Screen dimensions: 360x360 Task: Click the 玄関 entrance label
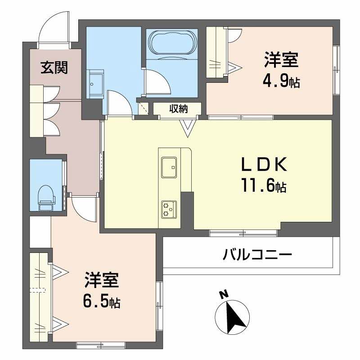(54, 68)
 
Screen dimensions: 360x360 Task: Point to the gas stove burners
(168, 208)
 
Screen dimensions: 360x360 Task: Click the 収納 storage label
(178, 109)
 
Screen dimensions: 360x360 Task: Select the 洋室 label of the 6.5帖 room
(101, 280)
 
